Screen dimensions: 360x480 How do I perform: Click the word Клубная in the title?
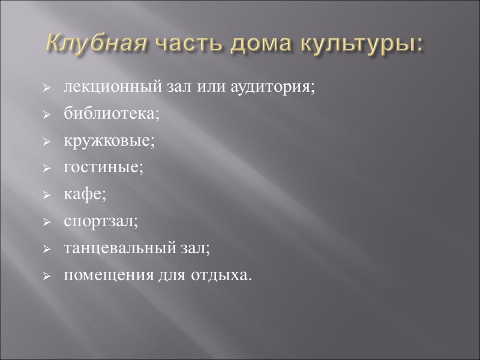tap(96, 44)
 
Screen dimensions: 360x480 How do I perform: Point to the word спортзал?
tap(101, 221)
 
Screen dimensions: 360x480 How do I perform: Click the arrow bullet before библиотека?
tap(47, 114)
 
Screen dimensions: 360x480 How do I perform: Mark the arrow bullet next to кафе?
tap(47, 196)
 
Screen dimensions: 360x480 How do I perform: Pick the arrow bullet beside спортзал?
tap(47, 223)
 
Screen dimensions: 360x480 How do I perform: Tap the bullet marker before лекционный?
tap(47, 88)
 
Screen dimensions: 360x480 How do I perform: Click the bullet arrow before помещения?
tap(47, 277)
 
